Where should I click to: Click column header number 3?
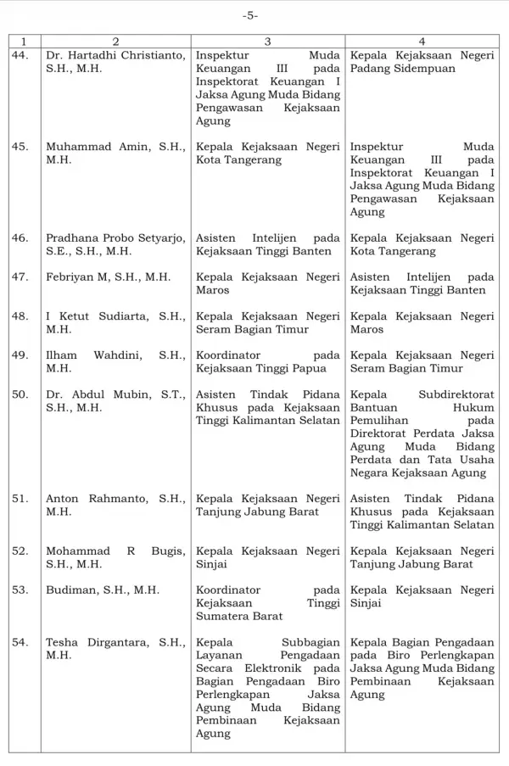267,41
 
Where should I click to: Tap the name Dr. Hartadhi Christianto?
115,55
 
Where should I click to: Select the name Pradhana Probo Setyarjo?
115,238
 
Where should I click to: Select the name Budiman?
70,590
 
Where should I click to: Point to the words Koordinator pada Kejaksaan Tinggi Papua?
267,362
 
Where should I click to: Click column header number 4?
422,41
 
